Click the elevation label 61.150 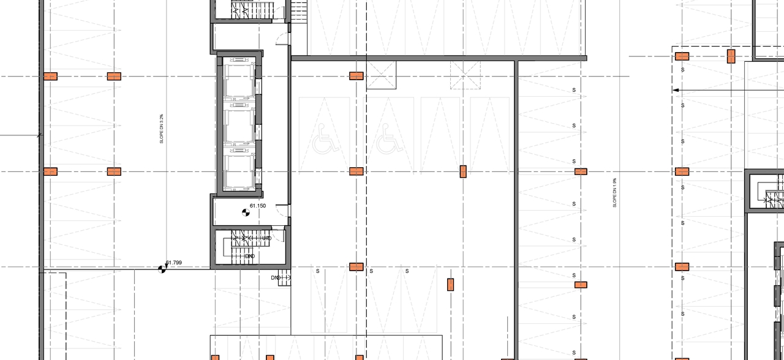257,206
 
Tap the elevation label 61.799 174,263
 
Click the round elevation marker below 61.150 246,212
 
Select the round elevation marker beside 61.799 162,268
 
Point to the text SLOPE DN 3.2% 162,129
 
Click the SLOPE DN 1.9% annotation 614,193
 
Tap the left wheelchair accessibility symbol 325,138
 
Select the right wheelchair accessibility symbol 390,138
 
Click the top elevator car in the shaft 238,80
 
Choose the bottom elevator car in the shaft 238,171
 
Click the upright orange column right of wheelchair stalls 463,171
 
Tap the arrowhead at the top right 676,90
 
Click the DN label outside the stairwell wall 275,278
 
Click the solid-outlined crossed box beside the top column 382,75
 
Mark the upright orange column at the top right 731,57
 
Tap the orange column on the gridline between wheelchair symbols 356,171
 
